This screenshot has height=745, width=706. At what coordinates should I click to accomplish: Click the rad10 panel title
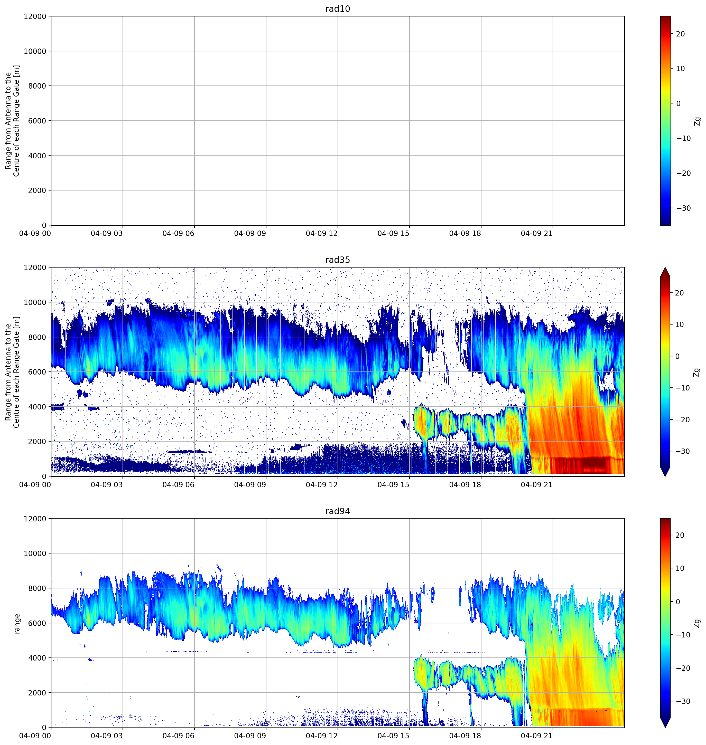coord(338,9)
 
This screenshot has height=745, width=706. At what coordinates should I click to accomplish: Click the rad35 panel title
coord(338,260)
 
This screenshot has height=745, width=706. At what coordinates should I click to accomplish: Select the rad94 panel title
coord(338,511)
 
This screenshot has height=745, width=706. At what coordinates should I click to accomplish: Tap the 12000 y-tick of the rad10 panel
coord(35,16)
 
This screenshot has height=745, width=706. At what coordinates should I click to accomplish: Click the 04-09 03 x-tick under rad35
coord(107,485)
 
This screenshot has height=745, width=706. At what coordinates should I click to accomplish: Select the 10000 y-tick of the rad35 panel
coord(35,302)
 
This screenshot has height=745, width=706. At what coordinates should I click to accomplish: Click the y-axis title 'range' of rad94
coord(17,624)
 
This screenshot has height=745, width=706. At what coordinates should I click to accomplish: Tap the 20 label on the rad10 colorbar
coord(680,34)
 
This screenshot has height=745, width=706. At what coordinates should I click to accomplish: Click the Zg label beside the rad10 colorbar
coord(697,121)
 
